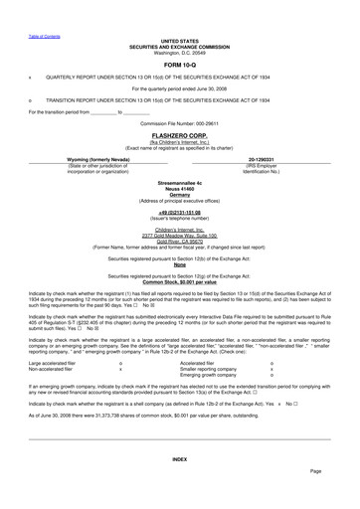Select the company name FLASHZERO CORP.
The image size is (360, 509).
point(179,133)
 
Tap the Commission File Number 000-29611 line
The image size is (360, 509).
point(179,122)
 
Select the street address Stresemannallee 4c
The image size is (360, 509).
point(179,184)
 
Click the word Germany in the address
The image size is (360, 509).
point(179,196)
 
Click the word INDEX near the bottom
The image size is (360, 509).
point(179,459)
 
